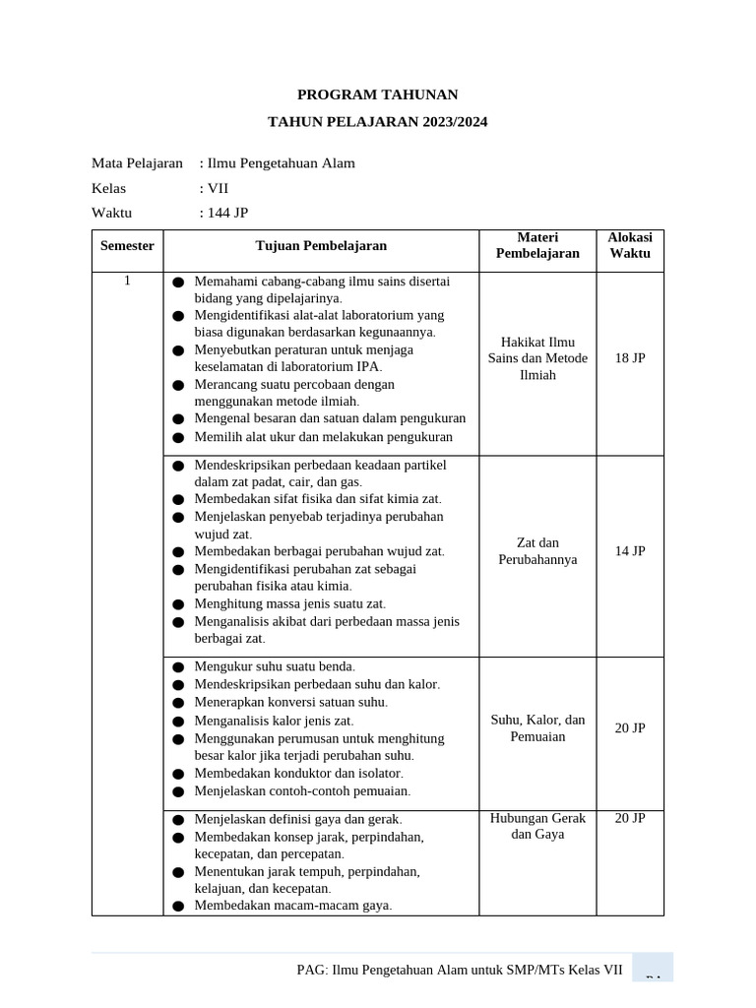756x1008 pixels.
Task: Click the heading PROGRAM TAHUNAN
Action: (x=378, y=94)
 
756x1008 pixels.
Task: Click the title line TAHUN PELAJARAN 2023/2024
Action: (x=378, y=122)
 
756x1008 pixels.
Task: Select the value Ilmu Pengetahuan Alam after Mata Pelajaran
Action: (x=282, y=163)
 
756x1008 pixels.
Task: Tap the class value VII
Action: (x=218, y=188)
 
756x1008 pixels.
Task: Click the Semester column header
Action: (x=127, y=245)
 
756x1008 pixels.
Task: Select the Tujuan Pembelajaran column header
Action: (x=321, y=245)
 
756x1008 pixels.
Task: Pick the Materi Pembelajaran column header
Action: (x=537, y=245)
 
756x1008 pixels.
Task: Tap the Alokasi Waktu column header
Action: (x=630, y=245)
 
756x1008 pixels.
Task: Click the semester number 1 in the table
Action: (x=127, y=282)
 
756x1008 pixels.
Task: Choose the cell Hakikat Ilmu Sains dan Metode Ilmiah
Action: (x=537, y=358)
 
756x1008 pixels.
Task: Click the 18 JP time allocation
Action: (x=630, y=358)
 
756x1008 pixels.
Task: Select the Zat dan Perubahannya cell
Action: (x=537, y=551)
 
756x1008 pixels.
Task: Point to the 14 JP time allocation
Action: (x=630, y=551)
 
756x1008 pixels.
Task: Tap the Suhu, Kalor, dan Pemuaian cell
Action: (x=537, y=728)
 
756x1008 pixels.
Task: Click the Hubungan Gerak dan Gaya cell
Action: (x=537, y=826)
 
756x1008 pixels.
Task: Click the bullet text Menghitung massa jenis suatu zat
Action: (x=289, y=603)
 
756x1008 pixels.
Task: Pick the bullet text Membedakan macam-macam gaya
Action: (x=293, y=906)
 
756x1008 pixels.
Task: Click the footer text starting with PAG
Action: (x=460, y=970)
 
